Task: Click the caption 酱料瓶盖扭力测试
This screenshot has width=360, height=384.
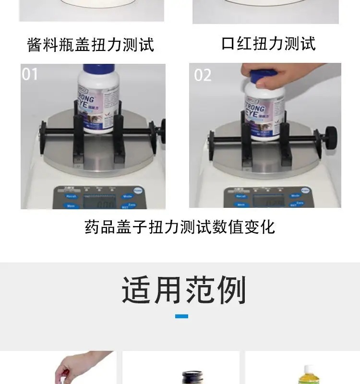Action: click(91, 45)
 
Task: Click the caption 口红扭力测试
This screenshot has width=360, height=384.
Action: click(268, 43)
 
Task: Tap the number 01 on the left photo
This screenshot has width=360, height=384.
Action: click(30, 74)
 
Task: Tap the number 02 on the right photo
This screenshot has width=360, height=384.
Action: click(203, 75)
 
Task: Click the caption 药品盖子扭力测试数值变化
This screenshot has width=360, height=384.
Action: click(180, 227)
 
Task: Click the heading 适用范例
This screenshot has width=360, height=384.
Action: click(183, 290)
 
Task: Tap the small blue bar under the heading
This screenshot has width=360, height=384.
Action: click(181, 316)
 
